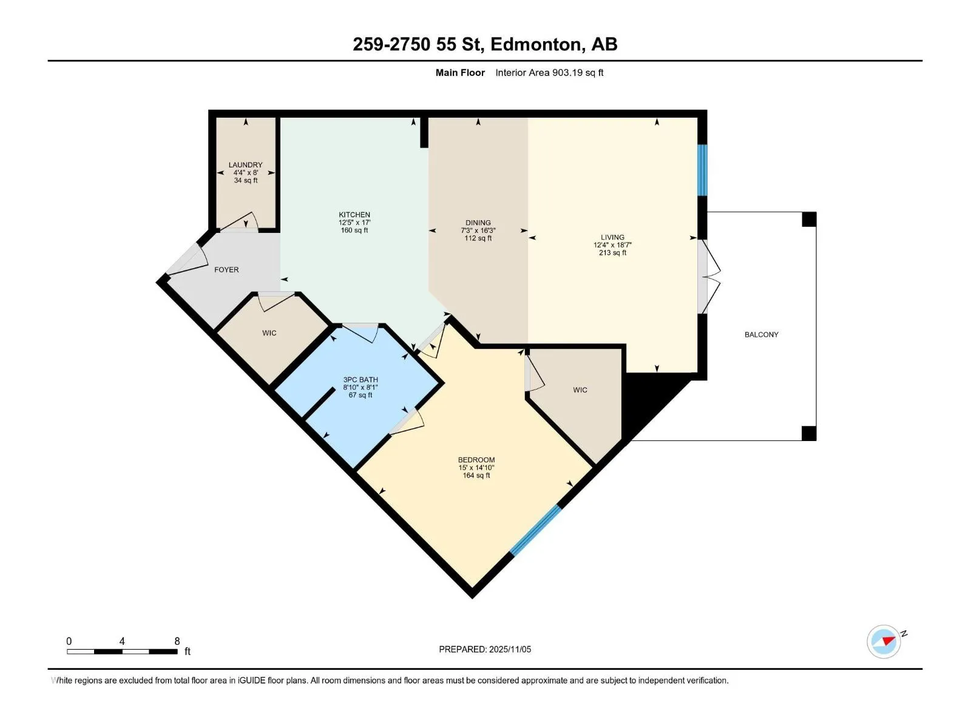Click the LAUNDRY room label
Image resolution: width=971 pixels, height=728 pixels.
point(246,165)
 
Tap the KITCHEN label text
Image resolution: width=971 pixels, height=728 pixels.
point(354,215)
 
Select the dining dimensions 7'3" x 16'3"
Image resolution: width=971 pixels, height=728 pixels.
point(478,231)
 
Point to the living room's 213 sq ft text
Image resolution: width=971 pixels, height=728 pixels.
point(613,253)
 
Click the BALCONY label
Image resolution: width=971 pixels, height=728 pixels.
point(761,335)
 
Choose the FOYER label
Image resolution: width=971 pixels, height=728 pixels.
point(226,269)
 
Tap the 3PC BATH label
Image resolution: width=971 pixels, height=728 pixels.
point(360,380)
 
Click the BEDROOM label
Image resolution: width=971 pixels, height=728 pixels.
point(476,460)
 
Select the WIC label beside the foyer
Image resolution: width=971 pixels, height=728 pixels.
point(269,333)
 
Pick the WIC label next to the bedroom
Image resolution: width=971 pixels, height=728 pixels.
point(580,390)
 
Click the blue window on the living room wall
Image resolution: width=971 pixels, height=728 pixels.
point(702,170)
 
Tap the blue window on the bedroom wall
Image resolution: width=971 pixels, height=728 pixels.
point(536,530)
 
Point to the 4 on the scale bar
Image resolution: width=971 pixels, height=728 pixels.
point(121,641)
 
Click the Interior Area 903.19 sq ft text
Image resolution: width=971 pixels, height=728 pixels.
point(549,72)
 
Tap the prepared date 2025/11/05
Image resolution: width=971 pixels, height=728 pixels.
point(510,649)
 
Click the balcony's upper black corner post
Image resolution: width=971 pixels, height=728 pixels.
point(809,219)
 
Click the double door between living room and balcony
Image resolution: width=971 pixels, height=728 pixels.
point(708,277)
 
